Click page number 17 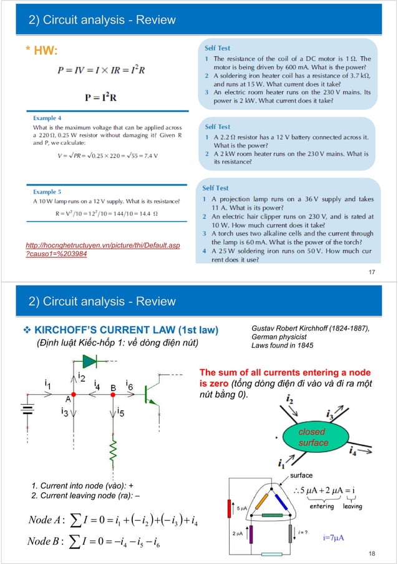373,272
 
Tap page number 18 373,554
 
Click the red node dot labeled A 74,395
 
